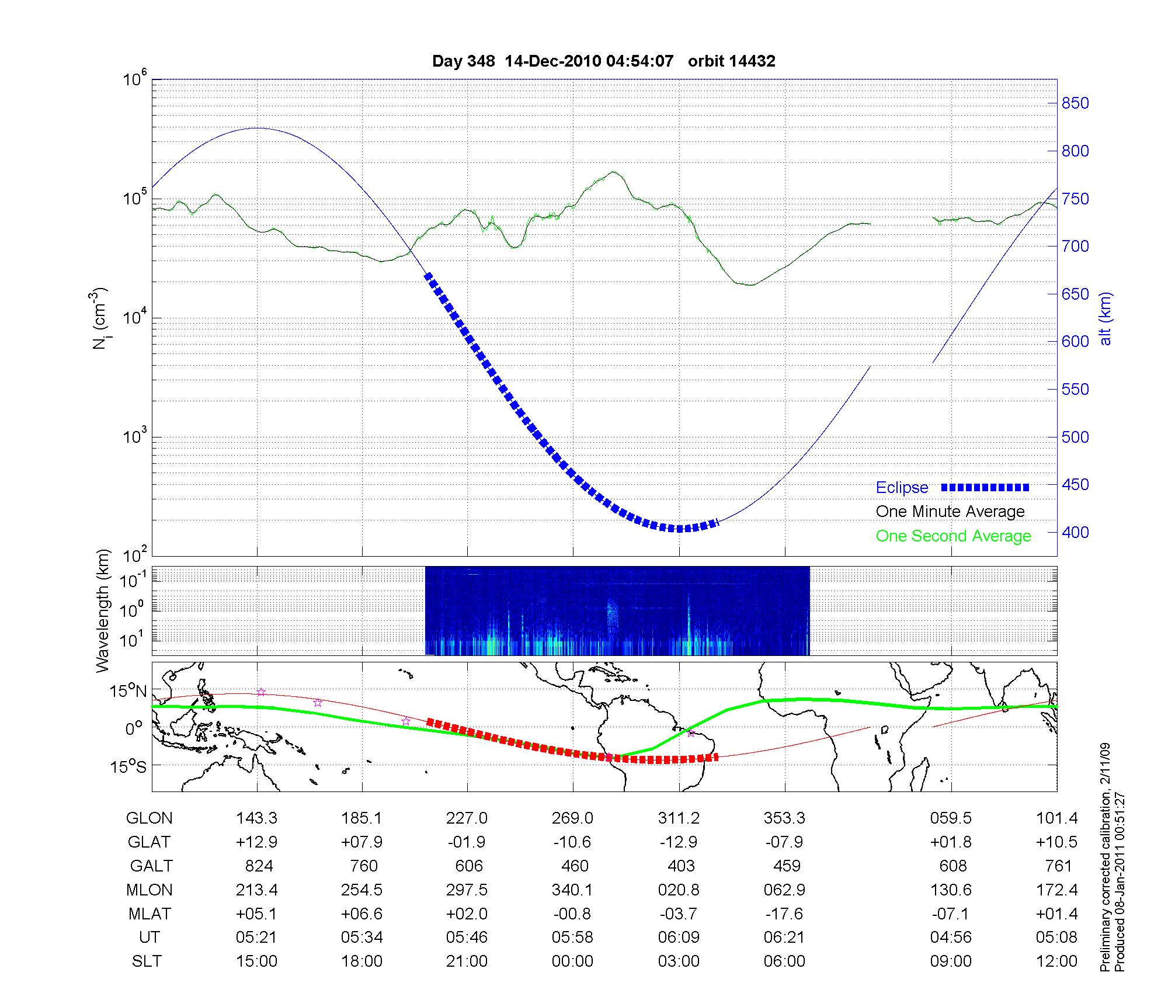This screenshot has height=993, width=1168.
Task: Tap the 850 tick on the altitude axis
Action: [x=1075, y=103]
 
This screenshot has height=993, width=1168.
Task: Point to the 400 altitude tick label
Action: [x=1075, y=532]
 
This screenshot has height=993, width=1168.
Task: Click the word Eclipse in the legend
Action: [x=902, y=487]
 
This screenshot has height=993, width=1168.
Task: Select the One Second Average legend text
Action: [x=953, y=536]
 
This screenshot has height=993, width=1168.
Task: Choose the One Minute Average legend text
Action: [x=950, y=512]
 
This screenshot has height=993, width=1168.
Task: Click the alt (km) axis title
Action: [x=1106, y=318]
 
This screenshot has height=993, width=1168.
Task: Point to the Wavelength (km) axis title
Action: [x=103, y=610]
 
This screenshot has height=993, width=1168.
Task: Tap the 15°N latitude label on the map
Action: [x=128, y=692]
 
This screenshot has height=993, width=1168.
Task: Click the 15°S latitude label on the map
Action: [x=128, y=766]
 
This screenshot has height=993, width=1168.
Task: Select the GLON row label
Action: [x=149, y=818]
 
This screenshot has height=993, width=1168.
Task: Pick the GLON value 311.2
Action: [x=679, y=818]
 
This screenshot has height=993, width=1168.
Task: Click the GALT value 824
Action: [x=257, y=866]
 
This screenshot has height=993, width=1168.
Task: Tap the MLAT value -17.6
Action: [x=784, y=914]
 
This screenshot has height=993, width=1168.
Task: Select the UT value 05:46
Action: [x=467, y=938]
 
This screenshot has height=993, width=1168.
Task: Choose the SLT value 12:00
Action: [x=1056, y=961]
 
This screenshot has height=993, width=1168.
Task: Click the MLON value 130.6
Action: [x=951, y=890]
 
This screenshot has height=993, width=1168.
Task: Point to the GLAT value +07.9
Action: [x=362, y=842]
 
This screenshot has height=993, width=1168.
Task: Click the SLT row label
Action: [x=147, y=961]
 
